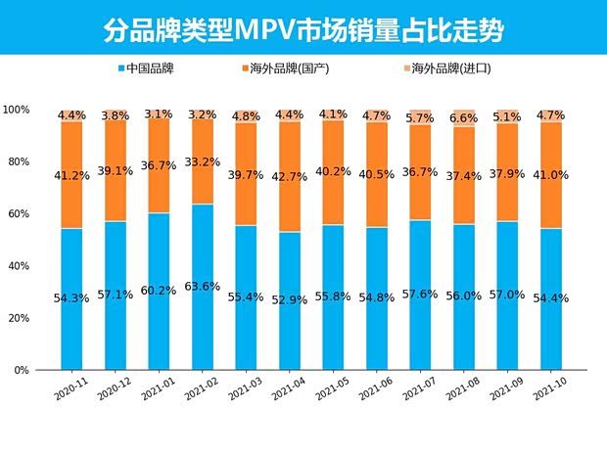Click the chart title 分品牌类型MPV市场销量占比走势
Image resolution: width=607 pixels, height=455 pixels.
pyautogui.click(x=303, y=28)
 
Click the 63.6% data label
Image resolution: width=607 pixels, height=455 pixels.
pyautogui.click(x=203, y=287)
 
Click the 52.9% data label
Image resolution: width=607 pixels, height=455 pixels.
pyautogui.click(x=290, y=297)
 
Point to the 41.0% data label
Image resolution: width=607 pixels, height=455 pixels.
pyautogui.click(x=552, y=176)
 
